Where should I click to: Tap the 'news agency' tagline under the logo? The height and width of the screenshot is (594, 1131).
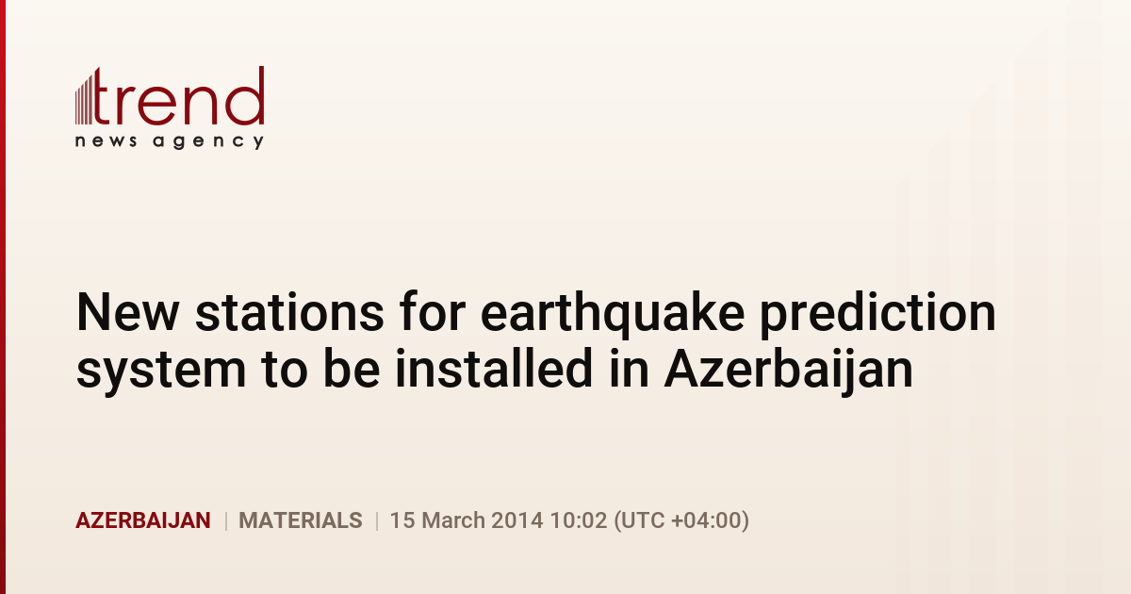pyautogui.click(x=170, y=141)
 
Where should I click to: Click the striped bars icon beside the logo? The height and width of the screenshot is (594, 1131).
pyautogui.click(x=84, y=98)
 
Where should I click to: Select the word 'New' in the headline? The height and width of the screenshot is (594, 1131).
pyautogui.click(x=127, y=313)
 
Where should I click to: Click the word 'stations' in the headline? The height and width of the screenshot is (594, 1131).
pyautogui.click(x=290, y=313)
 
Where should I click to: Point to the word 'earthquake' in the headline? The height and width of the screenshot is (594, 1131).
pyautogui.click(x=613, y=314)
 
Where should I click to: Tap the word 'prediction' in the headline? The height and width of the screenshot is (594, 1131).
pyautogui.click(x=878, y=314)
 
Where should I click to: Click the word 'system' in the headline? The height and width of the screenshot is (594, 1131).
pyautogui.click(x=161, y=371)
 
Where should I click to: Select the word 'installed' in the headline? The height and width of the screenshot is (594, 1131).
pyautogui.click(x=493, y=369)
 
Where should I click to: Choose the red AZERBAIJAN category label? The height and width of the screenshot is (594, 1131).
pyautogui.click(x=143, y=520)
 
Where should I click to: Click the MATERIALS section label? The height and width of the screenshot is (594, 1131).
pyautogui.click(x=301, y=520)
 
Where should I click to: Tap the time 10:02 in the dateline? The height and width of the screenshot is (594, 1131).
pyautogui.click(x=578, y=520)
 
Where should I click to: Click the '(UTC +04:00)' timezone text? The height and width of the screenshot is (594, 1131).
pyautogui.click(x=681, y=520)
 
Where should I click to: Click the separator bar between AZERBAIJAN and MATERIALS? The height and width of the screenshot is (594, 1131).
pyautogui.click(x=225, y=520)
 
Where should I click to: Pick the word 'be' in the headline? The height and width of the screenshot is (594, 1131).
pyautogui.click(x=352, y=369)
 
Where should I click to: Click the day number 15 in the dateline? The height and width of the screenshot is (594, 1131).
pyautogui.click(x=402, y=520)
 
